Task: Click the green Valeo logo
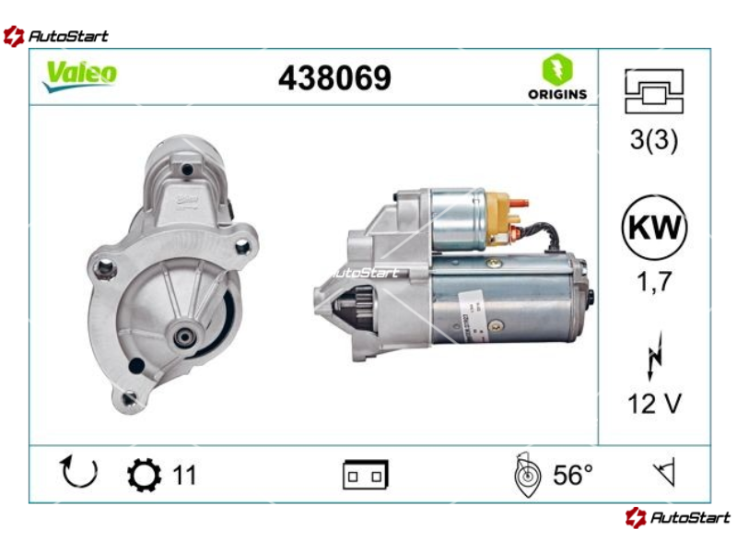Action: tap(80, 76)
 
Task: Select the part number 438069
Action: tap(334, 77)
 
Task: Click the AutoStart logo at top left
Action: tap(55, 36)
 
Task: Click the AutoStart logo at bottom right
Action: tap(678, 517)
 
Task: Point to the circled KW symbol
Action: tap(654, 228)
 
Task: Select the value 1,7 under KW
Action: tap(654, 282)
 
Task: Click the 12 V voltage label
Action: tap(654, 404)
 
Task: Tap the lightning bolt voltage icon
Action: tap(654, 356)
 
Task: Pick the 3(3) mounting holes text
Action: tap(654, 140)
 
